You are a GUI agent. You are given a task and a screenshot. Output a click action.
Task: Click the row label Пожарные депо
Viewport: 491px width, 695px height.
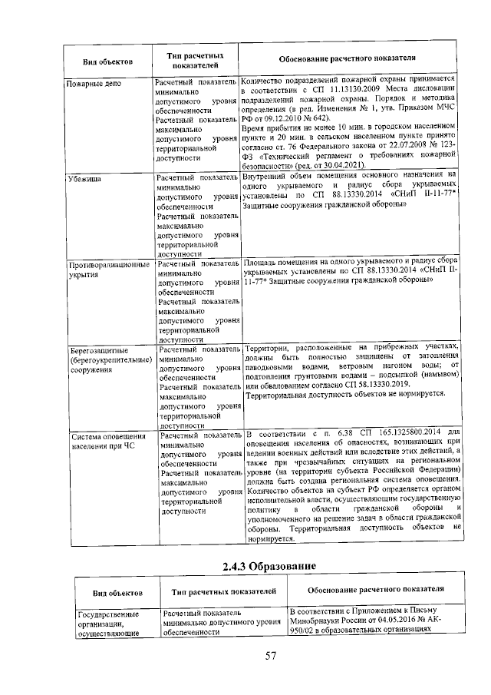pyautogui.click(x=91, y=81)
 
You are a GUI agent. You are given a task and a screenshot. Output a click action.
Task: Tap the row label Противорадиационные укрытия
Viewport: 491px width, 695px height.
pyautogui.click(x=107, y=269)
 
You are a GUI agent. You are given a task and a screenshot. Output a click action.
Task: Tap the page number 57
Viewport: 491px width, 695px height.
pyautogui.click(x=270, y=655)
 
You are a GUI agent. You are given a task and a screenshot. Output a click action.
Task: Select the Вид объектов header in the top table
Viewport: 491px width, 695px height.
pyautogui.click(x=107, y=61)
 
